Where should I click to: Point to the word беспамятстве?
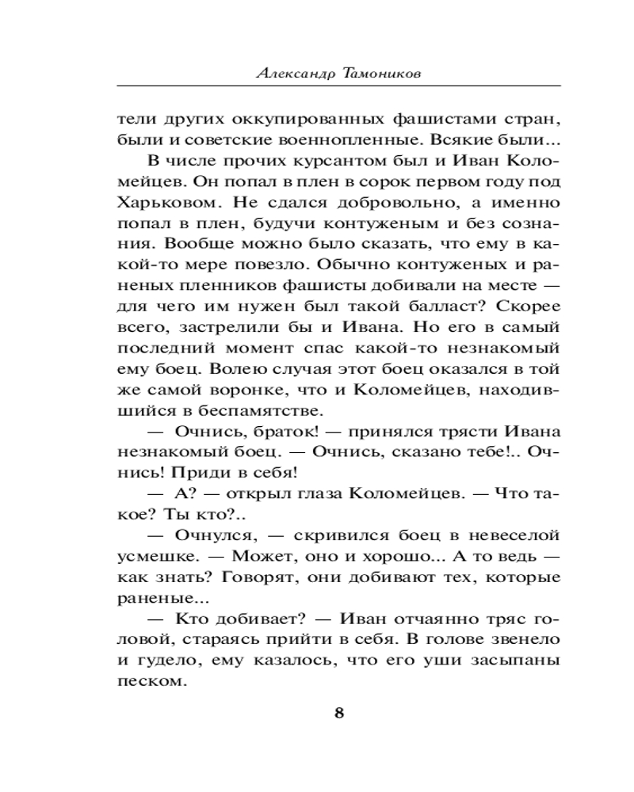tap(259, 409)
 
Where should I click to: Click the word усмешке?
tap(153, 554)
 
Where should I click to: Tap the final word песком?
tap(146, 679)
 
